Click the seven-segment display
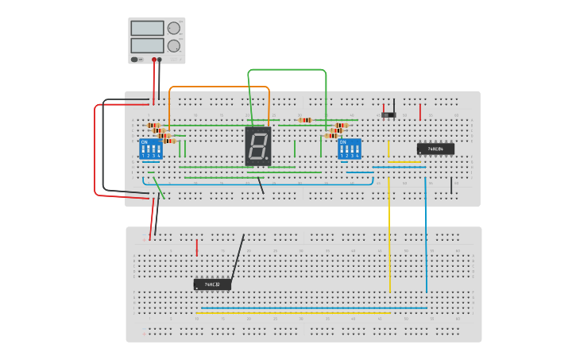click(x=258, y=146)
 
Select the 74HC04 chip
click(x=435, y=149)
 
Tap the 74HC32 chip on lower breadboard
click(x=212, y=284)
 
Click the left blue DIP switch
click(x=151, y=149)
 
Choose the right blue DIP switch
click(x=350, y=149)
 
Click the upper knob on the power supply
click(x=173, y=28)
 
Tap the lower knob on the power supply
click(x=173, y=46)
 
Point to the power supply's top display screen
click(x=147, y=28)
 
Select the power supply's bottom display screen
click(x=147, y=45)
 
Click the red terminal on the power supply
click(x=154, y=60)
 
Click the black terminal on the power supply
click(x=160, y=60)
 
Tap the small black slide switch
click(x=389, y=115)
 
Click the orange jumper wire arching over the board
click(x=219, y=87)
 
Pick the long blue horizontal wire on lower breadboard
click(x=314, y=308)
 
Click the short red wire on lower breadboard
click(x=197, y=247)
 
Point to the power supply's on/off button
click(x=134, y=59)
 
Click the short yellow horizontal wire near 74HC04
click(x=404, y=163)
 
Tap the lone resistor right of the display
click(x=305, y=120)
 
